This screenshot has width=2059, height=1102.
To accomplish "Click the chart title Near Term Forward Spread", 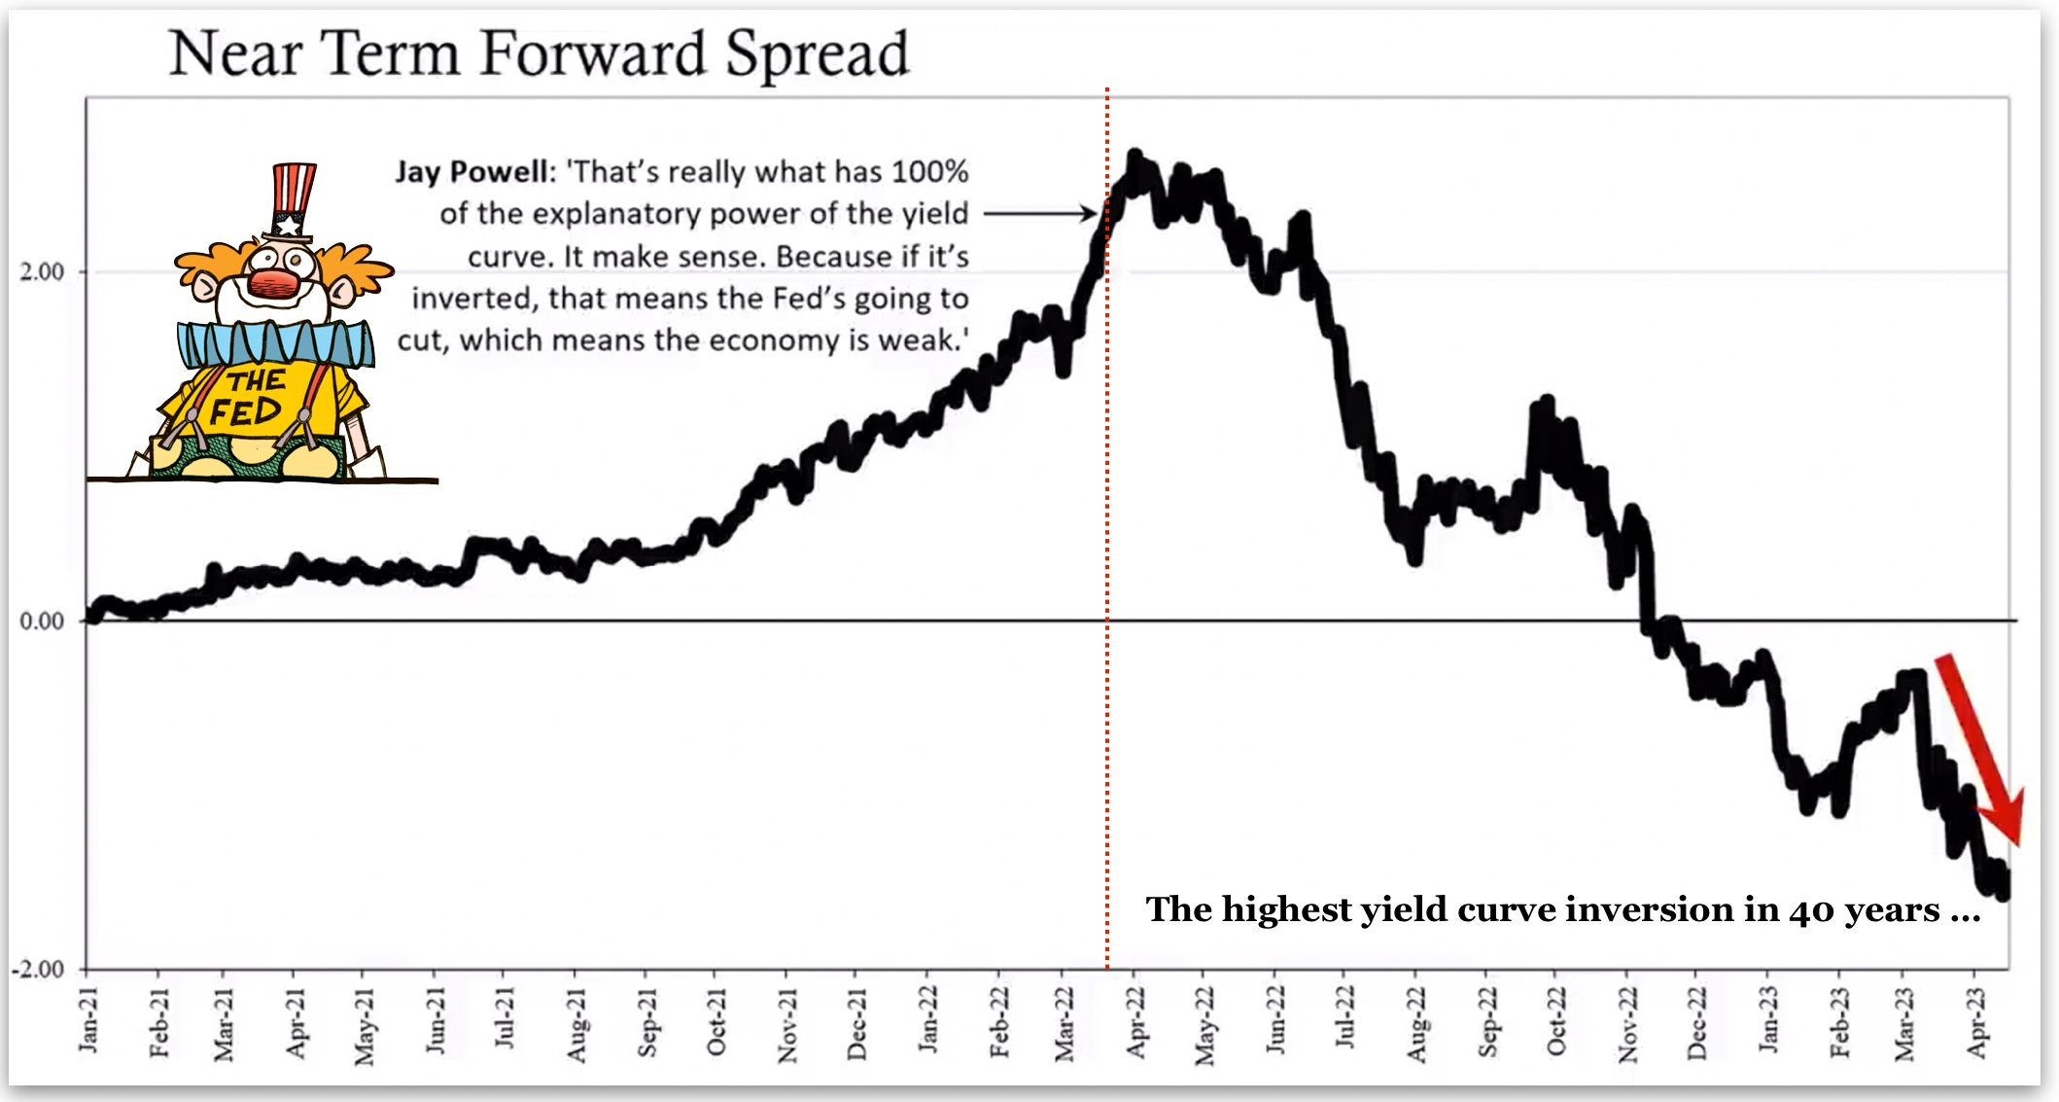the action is (x=540, y=53).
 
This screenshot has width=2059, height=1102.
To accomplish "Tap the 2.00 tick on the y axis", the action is (x=42, y=271).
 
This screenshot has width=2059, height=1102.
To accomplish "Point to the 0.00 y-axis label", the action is (x=42, y=621).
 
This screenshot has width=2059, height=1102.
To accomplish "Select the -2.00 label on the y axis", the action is (x=38, y=969).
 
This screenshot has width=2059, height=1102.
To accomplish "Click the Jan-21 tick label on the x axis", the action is (x=88, y=1019).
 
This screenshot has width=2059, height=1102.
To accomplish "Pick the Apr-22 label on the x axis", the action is (x=1135, y=1021).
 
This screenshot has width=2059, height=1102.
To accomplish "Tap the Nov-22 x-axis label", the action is (x=1628, y=1023).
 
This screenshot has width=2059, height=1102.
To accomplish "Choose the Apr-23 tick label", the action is (x=1977, y=1022).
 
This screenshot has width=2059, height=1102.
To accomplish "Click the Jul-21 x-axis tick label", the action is (x=504, y=1016).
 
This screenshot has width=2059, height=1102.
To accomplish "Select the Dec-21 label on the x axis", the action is (x=856, y=1022).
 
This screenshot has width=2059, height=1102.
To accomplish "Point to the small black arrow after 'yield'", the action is (x=1040, y=213).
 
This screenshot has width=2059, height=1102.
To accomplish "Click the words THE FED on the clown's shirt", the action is (x=249, y=398).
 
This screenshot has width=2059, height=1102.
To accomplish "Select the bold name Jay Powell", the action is (x=471, y=172).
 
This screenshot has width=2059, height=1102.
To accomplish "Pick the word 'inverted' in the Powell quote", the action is (x=472, y=298).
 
